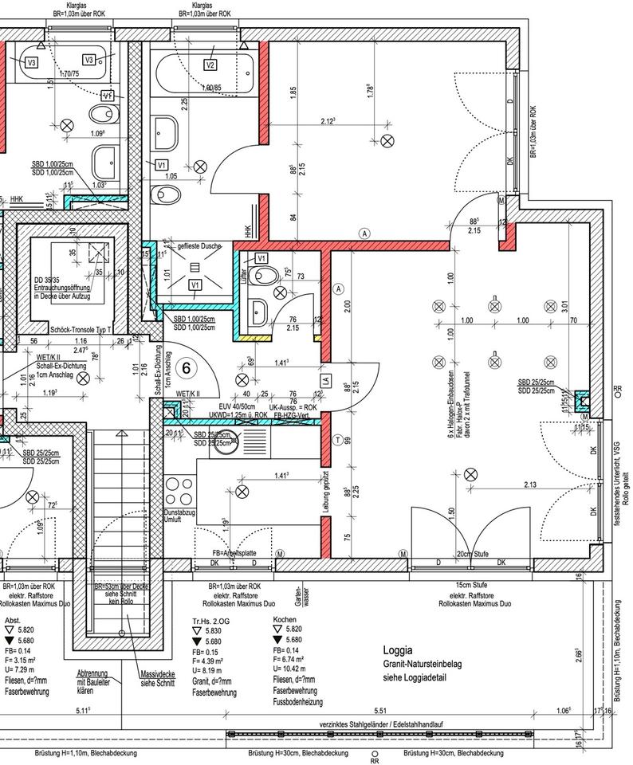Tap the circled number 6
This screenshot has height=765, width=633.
tap(186, 367)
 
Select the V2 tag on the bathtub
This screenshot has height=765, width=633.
tap(210, 65)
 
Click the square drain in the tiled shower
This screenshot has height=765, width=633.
tap(195, 264)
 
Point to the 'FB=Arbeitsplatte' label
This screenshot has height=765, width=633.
tap(234, 553)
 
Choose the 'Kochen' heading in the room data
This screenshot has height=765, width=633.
tap(285, 619)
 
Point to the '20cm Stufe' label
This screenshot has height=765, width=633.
tap(472, 554)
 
